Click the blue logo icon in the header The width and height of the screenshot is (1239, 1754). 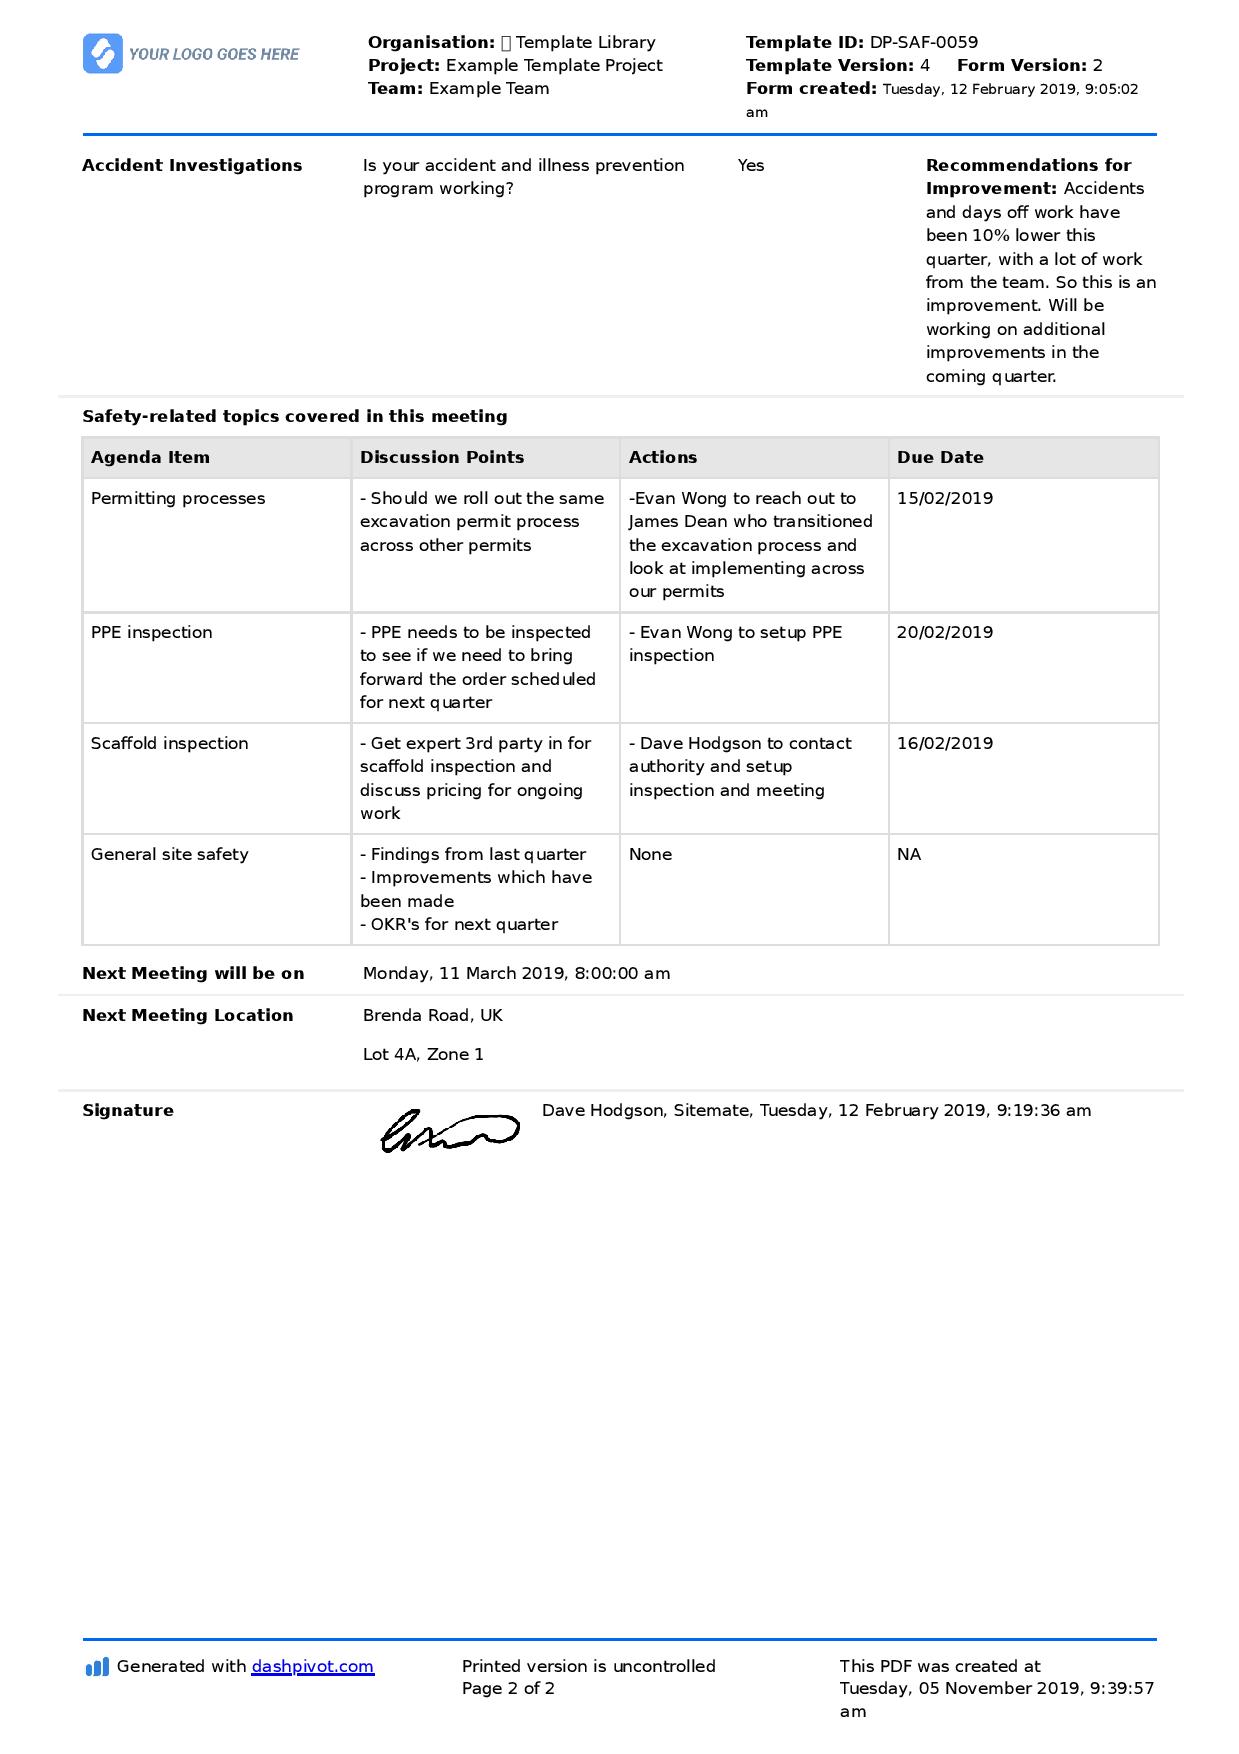[x=102, y=54]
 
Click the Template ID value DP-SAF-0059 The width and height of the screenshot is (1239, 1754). [x=923, y=42]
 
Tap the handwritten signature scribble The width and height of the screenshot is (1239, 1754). [x=449, y=1130]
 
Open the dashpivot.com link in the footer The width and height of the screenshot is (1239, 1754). [x=312, y=1666]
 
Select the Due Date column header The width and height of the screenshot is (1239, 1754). [x=939, y=457]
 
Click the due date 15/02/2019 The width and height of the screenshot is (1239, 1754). [x=944, y=498]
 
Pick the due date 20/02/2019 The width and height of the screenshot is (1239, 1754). [x=944, y=632]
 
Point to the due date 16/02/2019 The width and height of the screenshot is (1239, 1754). [x=944, y=743]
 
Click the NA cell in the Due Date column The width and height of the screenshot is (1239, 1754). [x=908, y=854]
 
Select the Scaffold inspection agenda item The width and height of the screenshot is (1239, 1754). [x=169, y=743]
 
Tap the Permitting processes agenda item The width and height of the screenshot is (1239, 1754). [x=178, y=498]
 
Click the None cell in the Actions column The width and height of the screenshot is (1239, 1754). [x=650, y=854]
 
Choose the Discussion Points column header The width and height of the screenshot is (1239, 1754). [x=441, y=457]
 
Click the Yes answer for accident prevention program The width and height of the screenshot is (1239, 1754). [x=750, y=165]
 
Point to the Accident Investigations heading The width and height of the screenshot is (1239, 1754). [x=192, y=165]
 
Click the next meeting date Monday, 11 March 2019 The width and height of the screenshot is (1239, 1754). [x=516, y=973]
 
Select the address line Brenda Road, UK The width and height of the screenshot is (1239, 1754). [x=432, y=1015]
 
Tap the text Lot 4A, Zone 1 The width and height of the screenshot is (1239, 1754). [x=423, y=1054]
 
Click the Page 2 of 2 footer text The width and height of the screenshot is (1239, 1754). [x=508, y=1688]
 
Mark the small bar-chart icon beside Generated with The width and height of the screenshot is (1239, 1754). [x=97, y=1667]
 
